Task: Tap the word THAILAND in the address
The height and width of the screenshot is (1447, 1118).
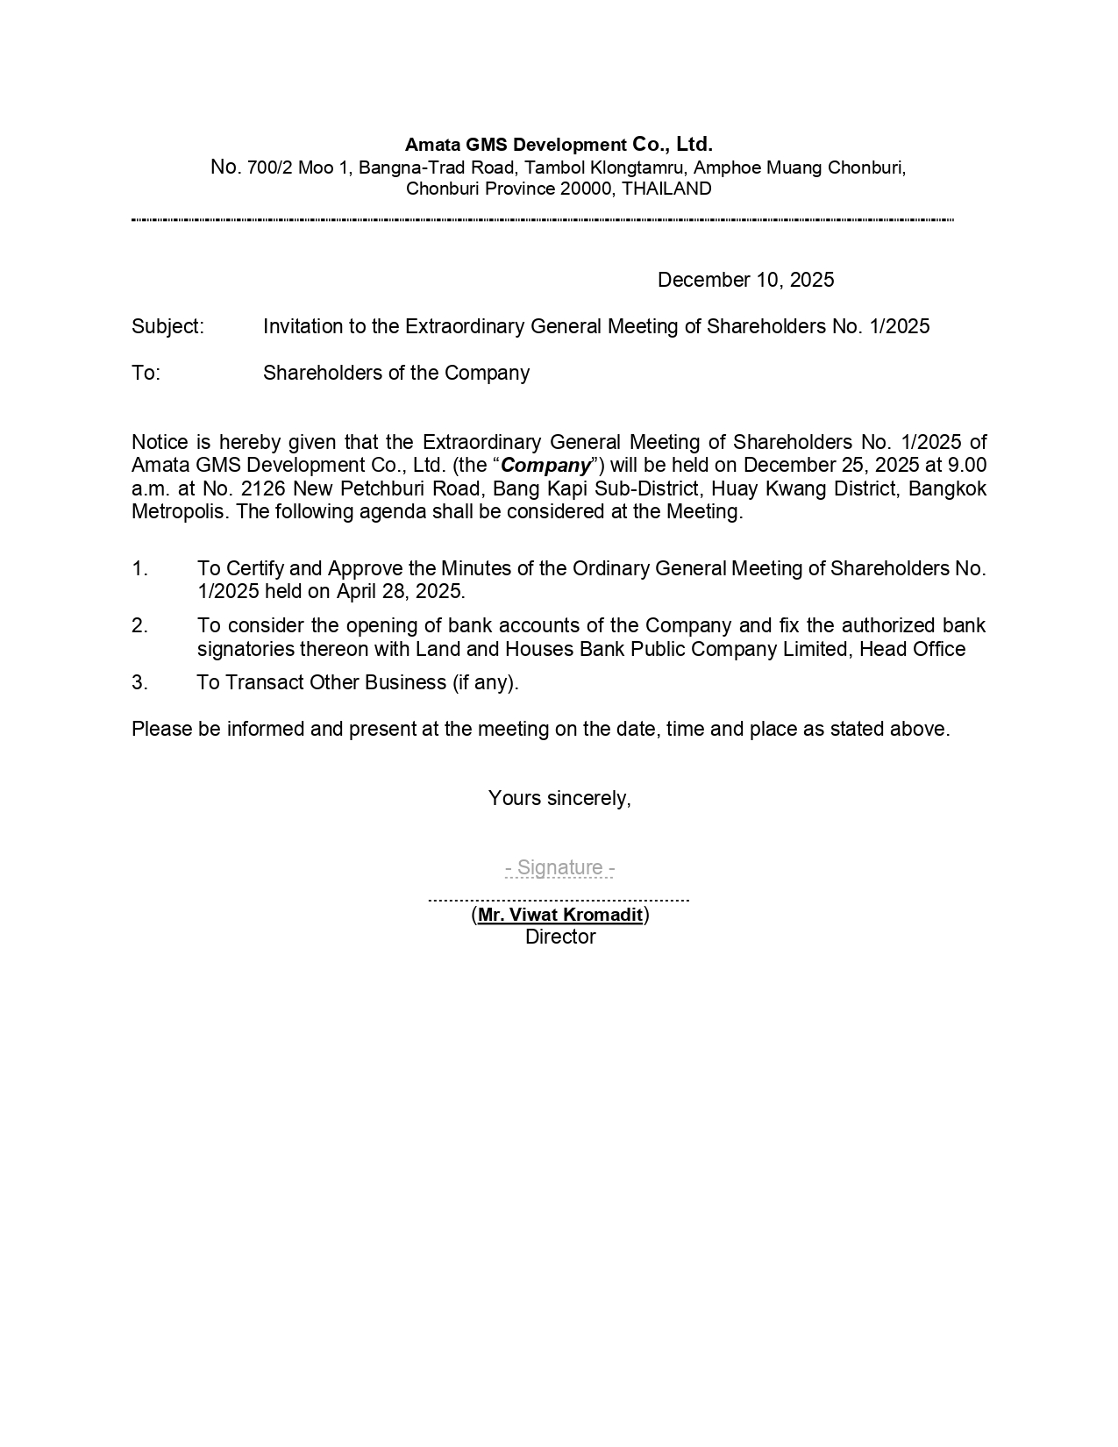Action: pos(666,189)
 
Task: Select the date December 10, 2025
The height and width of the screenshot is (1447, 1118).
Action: pos(745,280)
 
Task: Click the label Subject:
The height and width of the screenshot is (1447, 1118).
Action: pos(167,326)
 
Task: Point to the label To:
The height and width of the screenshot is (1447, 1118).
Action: pos(146,373)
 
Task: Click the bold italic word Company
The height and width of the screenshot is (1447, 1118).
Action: pos(545,466)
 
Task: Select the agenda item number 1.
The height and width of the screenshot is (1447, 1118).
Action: pos(139,568)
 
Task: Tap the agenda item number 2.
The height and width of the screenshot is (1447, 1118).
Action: pos(139,625)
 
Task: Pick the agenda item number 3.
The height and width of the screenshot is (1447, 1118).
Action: pos(139,682)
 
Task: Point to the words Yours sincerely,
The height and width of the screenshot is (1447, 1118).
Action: pos(559,798)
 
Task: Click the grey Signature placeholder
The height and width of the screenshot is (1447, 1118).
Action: pos(559,867)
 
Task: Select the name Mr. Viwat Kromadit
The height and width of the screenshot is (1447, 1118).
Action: pos(559,915)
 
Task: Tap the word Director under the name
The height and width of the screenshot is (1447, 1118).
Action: pos(560,937)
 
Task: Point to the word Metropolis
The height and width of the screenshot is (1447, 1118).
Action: pos(181,511)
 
